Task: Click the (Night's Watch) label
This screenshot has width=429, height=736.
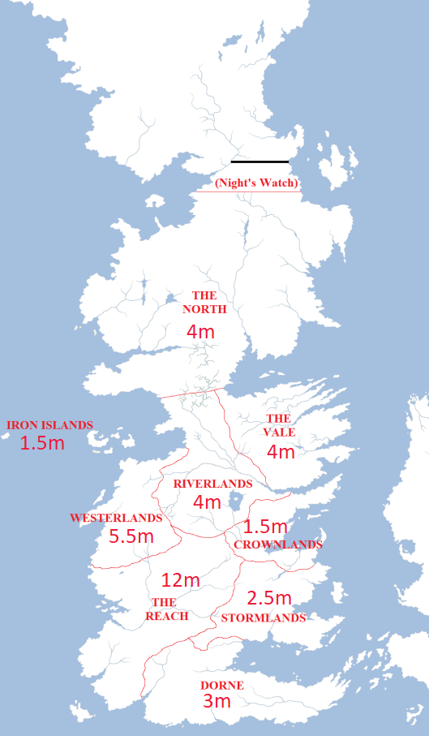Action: (x=256, y=183)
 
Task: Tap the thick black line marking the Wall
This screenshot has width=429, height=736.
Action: (x=260, y=161)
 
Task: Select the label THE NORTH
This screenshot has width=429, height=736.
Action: (x=204, y=302)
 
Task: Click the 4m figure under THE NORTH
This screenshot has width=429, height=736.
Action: (x=200, y=333)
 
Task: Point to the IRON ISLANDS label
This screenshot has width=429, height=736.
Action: (x=49, y=424)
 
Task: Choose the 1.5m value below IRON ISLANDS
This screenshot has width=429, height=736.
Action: (x=42, y=443)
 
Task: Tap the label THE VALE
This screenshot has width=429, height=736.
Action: (x=279, y=425)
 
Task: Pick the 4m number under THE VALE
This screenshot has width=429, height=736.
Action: (x=281, y=452)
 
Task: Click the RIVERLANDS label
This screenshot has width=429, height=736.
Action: (x=212, y=483)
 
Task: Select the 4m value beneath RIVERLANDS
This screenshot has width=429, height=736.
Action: (x=207, y=502)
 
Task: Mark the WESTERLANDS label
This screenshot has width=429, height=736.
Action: (x=116, y=517)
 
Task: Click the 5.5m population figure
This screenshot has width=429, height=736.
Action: (x=131, y=536)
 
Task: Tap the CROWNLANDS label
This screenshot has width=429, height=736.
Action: (x=278, y=544)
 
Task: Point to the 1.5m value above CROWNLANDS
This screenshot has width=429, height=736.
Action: (x=266, y=527)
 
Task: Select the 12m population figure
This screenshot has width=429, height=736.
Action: (x=180, y=580)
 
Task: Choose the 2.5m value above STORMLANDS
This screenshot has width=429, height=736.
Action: (x=269, y=598)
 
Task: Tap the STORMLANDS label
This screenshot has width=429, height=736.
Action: (x=264, y=618)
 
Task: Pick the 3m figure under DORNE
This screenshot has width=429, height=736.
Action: (x=217, y=702)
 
